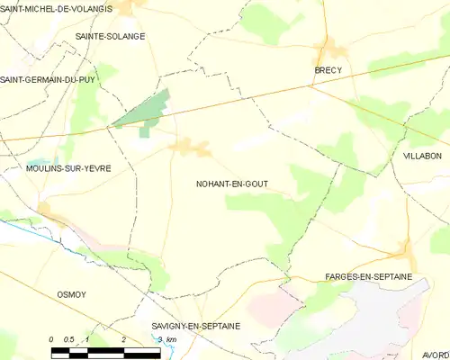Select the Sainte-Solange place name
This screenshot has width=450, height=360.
[111, 37]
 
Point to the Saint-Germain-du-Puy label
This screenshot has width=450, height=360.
[48, 80]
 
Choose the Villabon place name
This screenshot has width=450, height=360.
[422, 156]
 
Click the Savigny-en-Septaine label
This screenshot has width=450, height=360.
[196, 326]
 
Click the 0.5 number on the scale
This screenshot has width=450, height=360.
[68, 339]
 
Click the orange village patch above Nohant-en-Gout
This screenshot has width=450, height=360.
[190, 147]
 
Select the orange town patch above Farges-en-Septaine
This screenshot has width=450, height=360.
[404, 256]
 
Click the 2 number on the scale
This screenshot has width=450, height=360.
[122, 339]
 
